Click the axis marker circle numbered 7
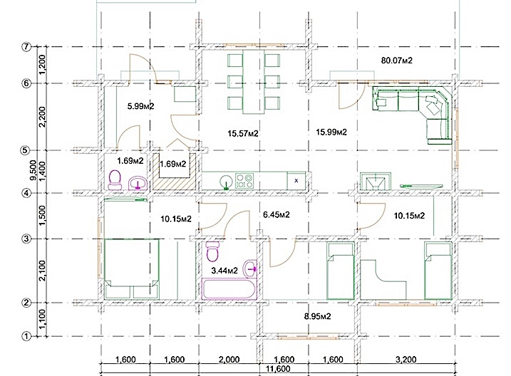[x=26, y=46]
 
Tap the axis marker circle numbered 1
[x=26, y=336]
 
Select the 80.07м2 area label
[x=396, y=61]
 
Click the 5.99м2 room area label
[x=140, y=106]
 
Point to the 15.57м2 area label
[x=243, y=133]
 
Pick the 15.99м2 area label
[x=331, y=132]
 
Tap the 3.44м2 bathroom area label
[x=224, y=270]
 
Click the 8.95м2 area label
[x=317, y=316]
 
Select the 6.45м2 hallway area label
[x=276, y=214]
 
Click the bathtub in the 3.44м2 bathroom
[x=229, y=288]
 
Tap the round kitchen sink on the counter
[x=226, y=181]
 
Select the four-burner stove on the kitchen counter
[x=244, y=181]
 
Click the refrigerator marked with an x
[x=296, y=180]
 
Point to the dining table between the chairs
[x=254, y=82]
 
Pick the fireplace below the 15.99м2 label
[x=376, y=181]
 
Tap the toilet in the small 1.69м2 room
[x=115, y=180]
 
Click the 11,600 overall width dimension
[x=278, y=369]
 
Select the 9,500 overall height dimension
[x=33, y=169]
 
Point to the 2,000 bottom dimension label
[x=229, y=360]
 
